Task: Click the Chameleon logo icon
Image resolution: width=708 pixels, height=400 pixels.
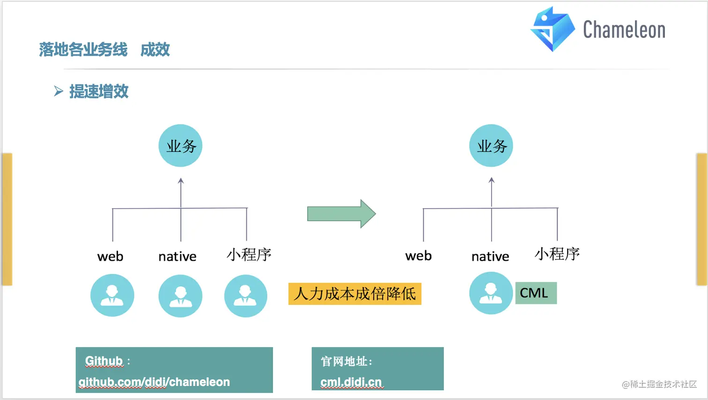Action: pyautogui.click(x=552, y=29)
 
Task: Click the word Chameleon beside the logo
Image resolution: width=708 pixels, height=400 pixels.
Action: pyautogui.click(x=624, y=30)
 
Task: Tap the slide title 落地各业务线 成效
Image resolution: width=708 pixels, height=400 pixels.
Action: pyautogui.click(x=104, y=50)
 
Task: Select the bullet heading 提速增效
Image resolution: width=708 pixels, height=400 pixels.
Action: pyautogui.click(x=99, y=91)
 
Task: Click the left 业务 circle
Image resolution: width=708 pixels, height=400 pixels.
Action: pyautogui.click(x=180, y=146)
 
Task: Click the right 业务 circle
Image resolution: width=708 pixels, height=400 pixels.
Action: pyautogui.click(x=491, y=146)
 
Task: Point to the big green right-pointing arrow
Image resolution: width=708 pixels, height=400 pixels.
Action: pyautogui.click(x=341, y=214)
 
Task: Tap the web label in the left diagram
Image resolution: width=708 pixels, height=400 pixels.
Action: pyautogui.click(x=111, y=257)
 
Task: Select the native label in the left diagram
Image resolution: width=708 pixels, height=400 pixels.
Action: pyautogui.click(x=177, y=257)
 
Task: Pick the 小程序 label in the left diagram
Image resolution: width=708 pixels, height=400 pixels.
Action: pyautogui.click(x=249, y=255)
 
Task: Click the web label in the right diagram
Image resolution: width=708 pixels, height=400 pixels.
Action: pyautogui.click(x=419, y=256)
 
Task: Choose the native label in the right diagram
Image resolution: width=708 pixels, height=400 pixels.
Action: pyautogui.click(x=490, y=257)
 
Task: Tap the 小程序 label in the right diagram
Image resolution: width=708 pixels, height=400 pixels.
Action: pyautogui.click(x=557, y=254)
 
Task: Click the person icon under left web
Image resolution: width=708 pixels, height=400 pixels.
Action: pyautogui.click(x=112, y=296)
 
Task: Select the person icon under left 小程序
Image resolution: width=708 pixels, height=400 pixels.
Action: pyautogui.click(x=245, y=296)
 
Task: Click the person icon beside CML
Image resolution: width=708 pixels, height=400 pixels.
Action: pyautogui.click(x=491, y=293)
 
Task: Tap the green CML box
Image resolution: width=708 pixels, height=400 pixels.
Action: pyautogui.click(x=536, y=293)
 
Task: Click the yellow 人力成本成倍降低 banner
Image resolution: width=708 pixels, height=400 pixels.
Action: pyautogui.click(x=354, y=294)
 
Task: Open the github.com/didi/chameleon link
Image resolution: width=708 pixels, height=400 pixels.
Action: pyautogui.click(x=154, y=382)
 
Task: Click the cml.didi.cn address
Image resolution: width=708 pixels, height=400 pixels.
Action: pyautogui.click(x=351, y=382)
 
